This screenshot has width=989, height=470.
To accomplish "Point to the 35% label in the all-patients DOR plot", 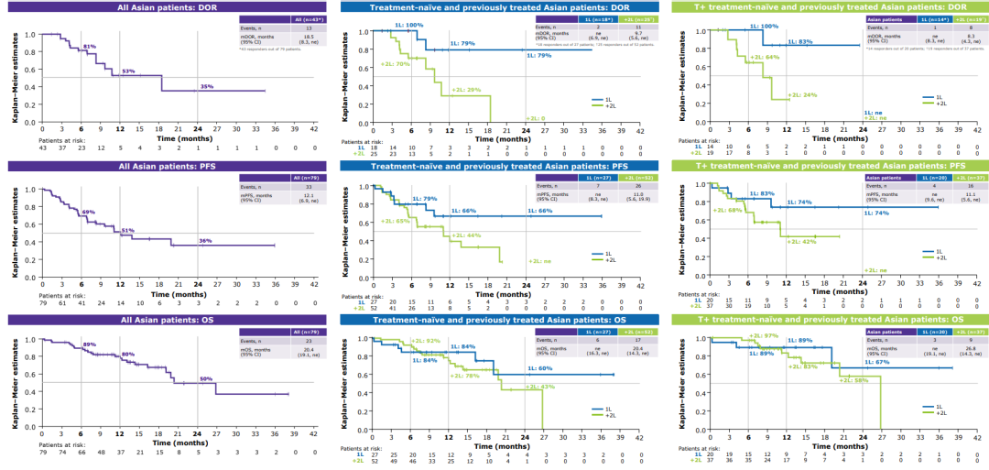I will point(207,86).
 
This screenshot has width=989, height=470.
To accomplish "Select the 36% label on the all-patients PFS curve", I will point(207,241).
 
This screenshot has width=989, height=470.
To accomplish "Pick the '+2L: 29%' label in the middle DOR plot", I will point(465,91).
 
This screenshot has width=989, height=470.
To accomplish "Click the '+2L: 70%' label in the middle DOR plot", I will point(395,64).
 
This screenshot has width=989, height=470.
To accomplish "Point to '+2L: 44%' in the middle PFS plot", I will point(466,235).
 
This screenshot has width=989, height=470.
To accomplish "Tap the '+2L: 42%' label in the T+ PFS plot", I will point(802,242).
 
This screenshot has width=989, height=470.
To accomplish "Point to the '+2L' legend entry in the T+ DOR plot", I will point(939,105).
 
